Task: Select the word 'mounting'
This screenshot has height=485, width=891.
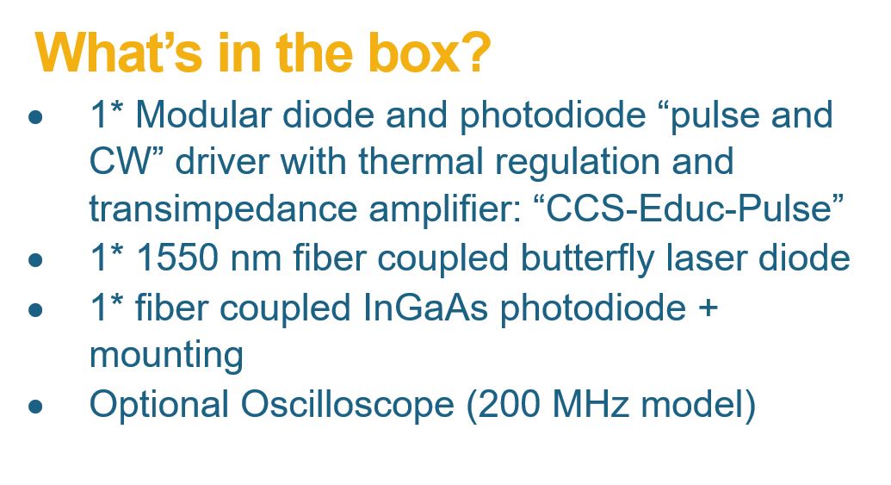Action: (x=166, y=357)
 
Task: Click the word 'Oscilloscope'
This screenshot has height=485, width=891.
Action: (x=347, y=406)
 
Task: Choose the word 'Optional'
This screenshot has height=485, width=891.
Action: (x=159, y=406)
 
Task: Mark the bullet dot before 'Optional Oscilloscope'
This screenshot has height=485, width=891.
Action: (x=35, y=406)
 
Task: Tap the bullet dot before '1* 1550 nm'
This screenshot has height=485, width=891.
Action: (x=35, y=260)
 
